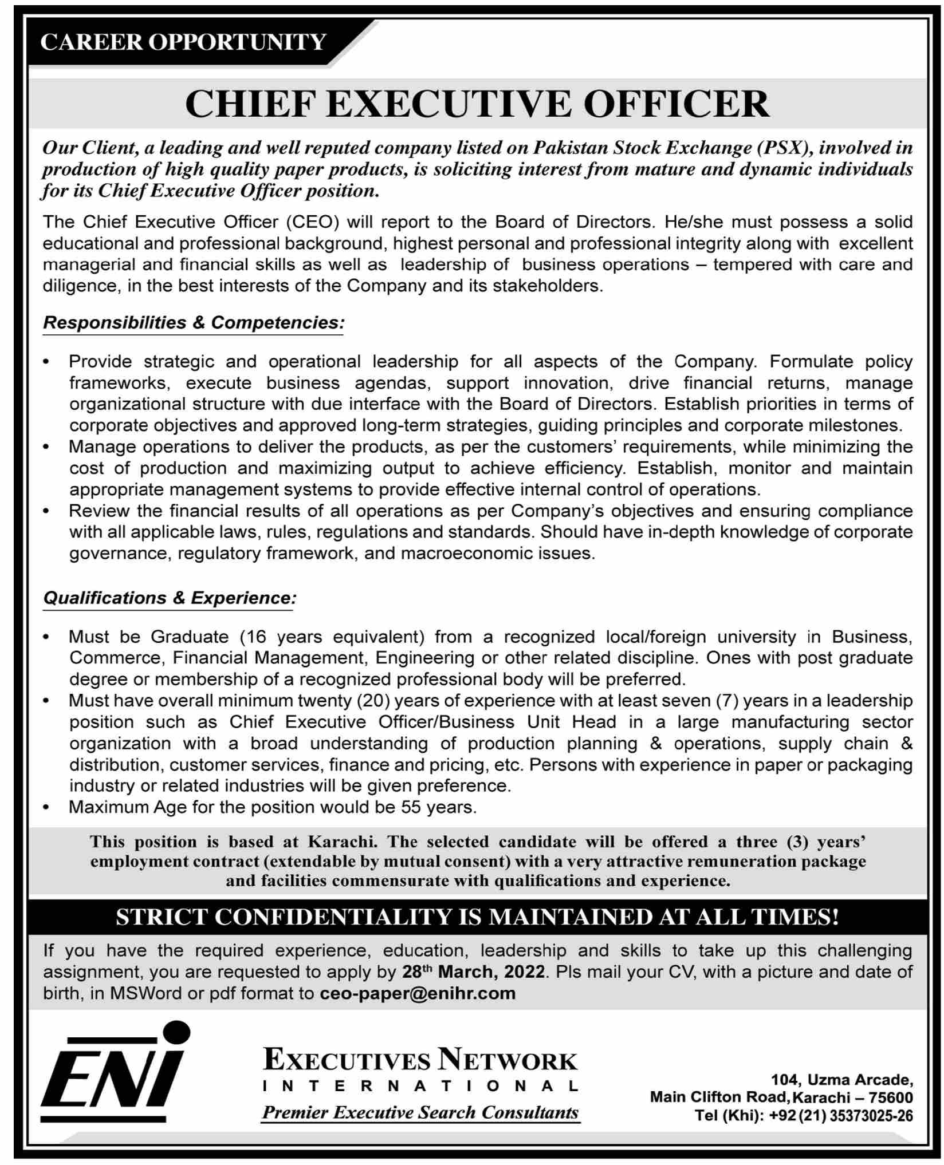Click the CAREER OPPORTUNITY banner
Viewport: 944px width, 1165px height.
click(183, 42)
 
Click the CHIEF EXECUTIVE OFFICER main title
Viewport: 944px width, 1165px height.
click(477, 104)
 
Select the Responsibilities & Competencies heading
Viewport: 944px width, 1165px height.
click(192, 323)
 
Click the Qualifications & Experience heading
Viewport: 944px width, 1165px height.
click(170, 598)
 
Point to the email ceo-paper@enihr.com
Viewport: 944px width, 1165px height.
click(418, 993)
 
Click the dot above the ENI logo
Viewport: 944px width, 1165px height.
click(176, 1036)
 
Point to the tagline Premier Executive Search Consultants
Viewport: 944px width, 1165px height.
click(420, 1112)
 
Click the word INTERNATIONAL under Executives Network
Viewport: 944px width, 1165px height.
click(420, 1086)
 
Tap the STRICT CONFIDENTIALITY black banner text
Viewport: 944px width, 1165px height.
click(477, 917)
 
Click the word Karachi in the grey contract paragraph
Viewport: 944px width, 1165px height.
click(341, 842)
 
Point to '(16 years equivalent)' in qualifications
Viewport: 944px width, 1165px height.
click(332, 637)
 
